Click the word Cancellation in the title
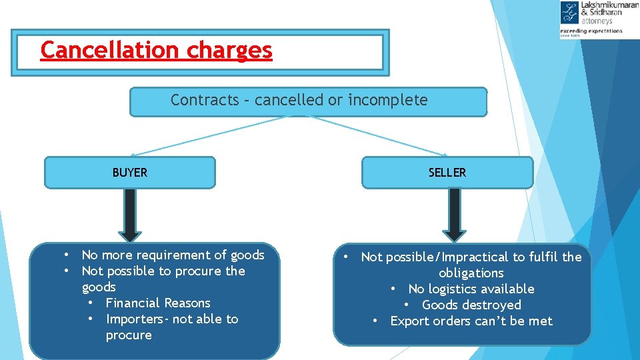pyautogui.click(x=111, y=50)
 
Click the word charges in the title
pyautogui.click(x=229, y=50)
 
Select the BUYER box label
pyautogui.click(x=130, y=173)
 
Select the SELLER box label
pyautogui.click(x=447, y=173)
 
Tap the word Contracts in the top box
pyautogui.click(x=205, y=100)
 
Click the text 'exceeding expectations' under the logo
pyautogui.click(x=591, y=31)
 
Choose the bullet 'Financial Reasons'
pyautogui.click(x=158, y=303)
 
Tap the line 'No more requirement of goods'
pyautogui.click(x=173, y=255)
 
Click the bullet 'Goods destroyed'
pyautogui.click(x=471, y=305)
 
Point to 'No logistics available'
pyautogui.click(x=471, y=289)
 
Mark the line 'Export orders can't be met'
pyautogui.click(x=471, y=321)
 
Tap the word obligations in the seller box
pyautogui.click(x=471, y=273)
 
